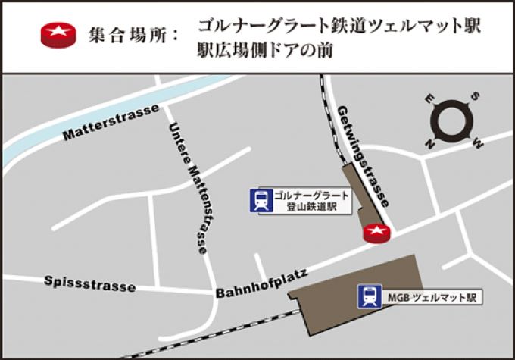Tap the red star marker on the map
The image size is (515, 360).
[x=376, y=233]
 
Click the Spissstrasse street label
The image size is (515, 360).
[x=89, y=284]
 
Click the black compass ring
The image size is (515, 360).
[x=452, y=119]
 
